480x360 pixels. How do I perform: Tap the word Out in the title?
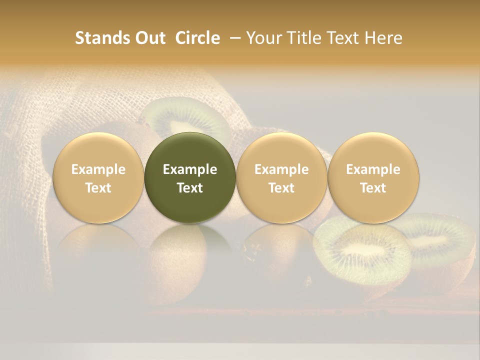pos(148,38)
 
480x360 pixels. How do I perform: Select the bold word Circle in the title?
pos(197,38)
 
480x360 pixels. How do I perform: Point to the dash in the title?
pos(232,38)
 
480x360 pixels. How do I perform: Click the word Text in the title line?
pos(340,38)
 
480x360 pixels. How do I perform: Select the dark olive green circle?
pos(190,178)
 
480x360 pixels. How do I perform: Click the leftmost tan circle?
pos(98,178)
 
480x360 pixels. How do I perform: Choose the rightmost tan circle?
pos(373,178)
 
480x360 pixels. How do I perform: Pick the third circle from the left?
pos(281,178)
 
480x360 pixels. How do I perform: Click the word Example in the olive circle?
pos(190,169)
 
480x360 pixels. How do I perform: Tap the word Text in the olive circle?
pos(190,188)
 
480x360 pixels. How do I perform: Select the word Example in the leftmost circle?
pos(98,169)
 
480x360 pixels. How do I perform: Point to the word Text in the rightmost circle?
pos(373,188)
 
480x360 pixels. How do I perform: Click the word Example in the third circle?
pos(281,169)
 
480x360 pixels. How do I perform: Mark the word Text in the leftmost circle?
pos(98,188)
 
